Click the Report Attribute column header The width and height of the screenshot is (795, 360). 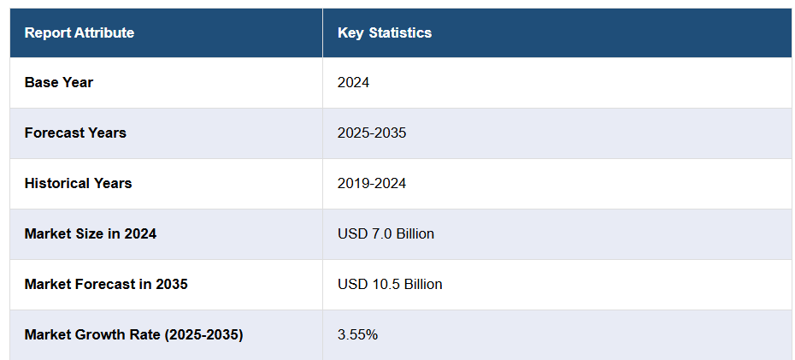pyautogui.click(x=79, y=33)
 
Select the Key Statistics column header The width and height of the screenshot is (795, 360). pyautogui.click(x=385, y=33)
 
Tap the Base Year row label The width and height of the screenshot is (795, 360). pyautogui.click(x=59, y=83)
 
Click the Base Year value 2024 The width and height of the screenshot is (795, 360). pyautogui.click(x=353, y=83)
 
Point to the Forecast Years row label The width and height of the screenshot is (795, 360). pyautogui.click(x=75, y=133)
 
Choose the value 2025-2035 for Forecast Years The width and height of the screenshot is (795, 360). pyautogui.click(x=372, y=133)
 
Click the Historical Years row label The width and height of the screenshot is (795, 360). pyautogui.click(x=78, y=183)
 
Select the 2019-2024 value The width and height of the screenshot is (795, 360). pyautogui.click(x=372, y=183)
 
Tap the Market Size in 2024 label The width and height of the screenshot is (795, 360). pyautogui.click(x=90, y=233)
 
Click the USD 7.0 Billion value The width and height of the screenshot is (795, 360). pyautogui.click(x=386, y=233)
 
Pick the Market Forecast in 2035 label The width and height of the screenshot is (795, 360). pyautogui.click(x=106, y=284)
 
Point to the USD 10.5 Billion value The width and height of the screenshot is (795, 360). pyautogui.click(x=390, y=284)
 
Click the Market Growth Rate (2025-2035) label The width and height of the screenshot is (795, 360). pyautogui.click(x=133, y=334)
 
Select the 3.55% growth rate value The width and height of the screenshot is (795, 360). pyautogui.click(x=357, y=334)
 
